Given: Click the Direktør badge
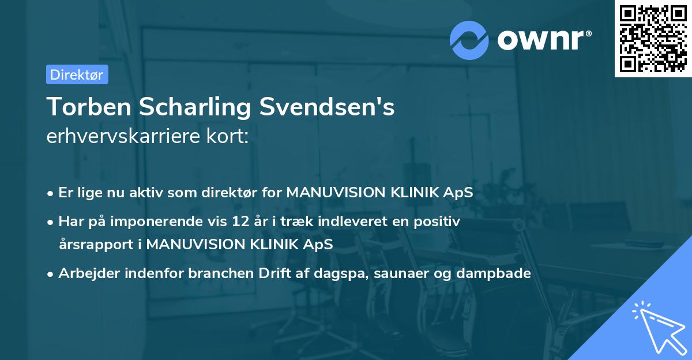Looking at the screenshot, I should (x=77, y=74).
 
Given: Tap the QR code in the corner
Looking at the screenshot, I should (x=653, y=38).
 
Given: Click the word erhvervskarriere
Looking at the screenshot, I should (x=118, y=137).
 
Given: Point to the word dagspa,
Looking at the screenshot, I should (x=341, y=273).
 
